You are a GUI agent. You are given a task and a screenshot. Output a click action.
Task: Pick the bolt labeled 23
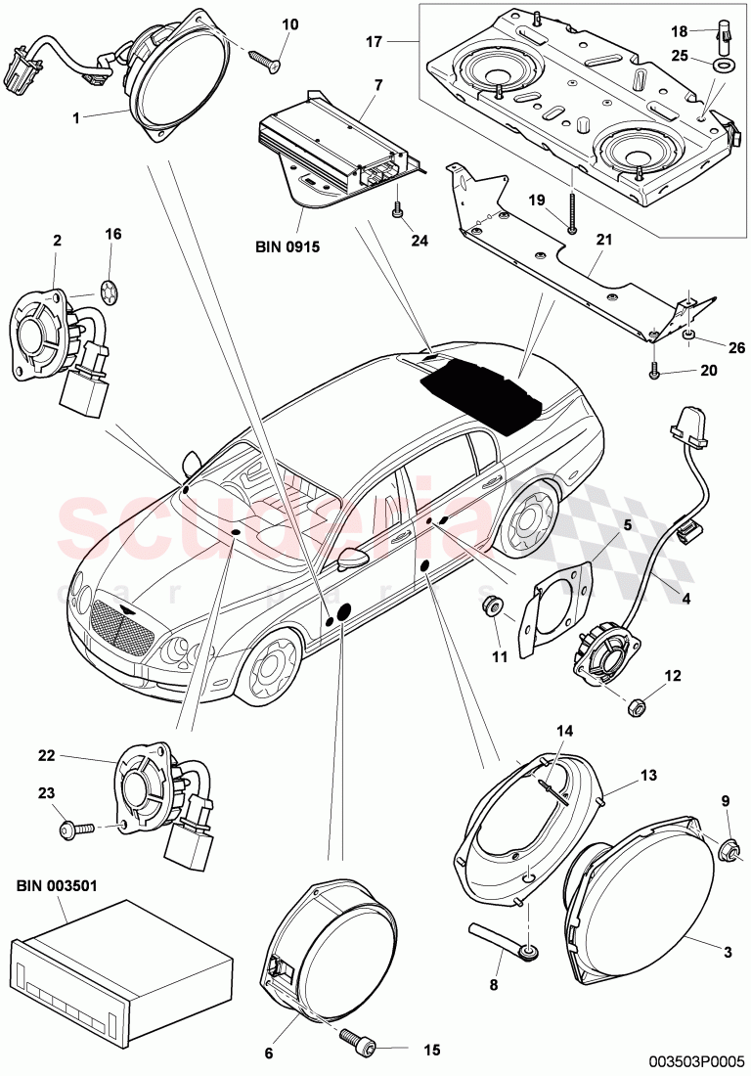coord(78,828)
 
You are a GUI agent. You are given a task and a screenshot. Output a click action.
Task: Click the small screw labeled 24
coord(397,209)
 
